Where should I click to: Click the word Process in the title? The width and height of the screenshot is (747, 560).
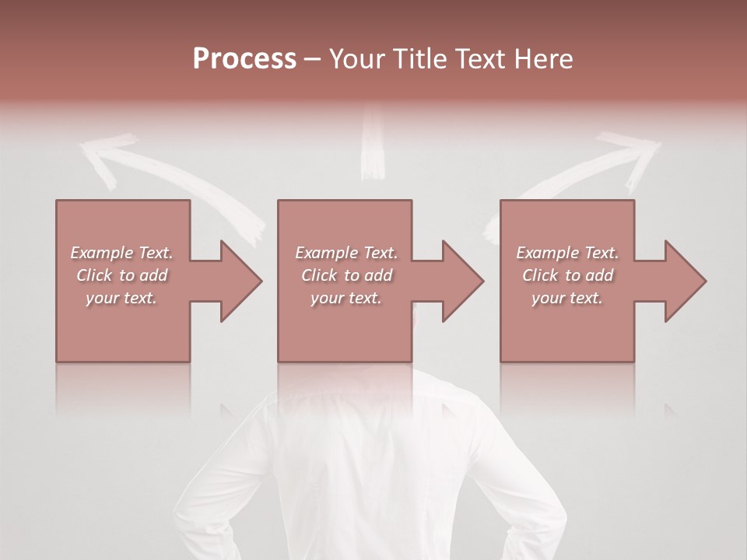(x=244, y=59)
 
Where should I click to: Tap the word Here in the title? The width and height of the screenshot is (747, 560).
(x=542, y=59)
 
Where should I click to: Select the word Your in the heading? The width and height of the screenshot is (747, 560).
(x=359, y=59)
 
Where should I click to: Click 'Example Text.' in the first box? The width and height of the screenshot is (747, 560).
(x=121, y=253)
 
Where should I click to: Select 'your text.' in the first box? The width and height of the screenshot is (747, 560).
(x=121, y=298)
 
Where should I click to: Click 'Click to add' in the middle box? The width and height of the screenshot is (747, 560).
(x=346, y=275)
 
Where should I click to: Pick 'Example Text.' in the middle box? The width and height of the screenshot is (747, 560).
(x=346, y=253)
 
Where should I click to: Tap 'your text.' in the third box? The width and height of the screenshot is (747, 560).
(x=567, y=298)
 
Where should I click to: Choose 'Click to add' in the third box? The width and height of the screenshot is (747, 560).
(x=567, y=275)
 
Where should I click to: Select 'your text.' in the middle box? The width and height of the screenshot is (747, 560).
(x=346, y=298)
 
